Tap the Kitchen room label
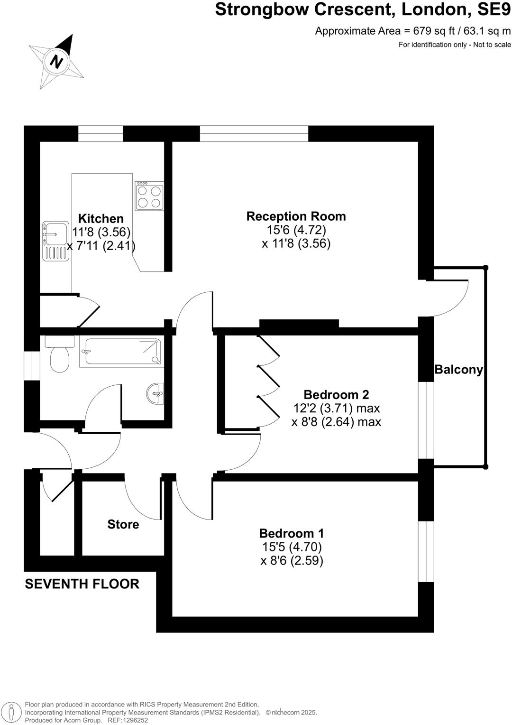pos(101,219)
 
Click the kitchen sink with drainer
pos(55,241)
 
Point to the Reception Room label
pos(296,216)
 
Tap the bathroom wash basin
pos(155,393)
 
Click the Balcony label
pos(458,370)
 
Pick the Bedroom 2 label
pos(336,395)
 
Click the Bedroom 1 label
pos(292,533)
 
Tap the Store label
pos(123,524)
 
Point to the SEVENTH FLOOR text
pos(82,584)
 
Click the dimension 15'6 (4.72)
pos(296,230)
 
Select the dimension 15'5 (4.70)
pos(292,547)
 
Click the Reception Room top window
pos(254,134)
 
